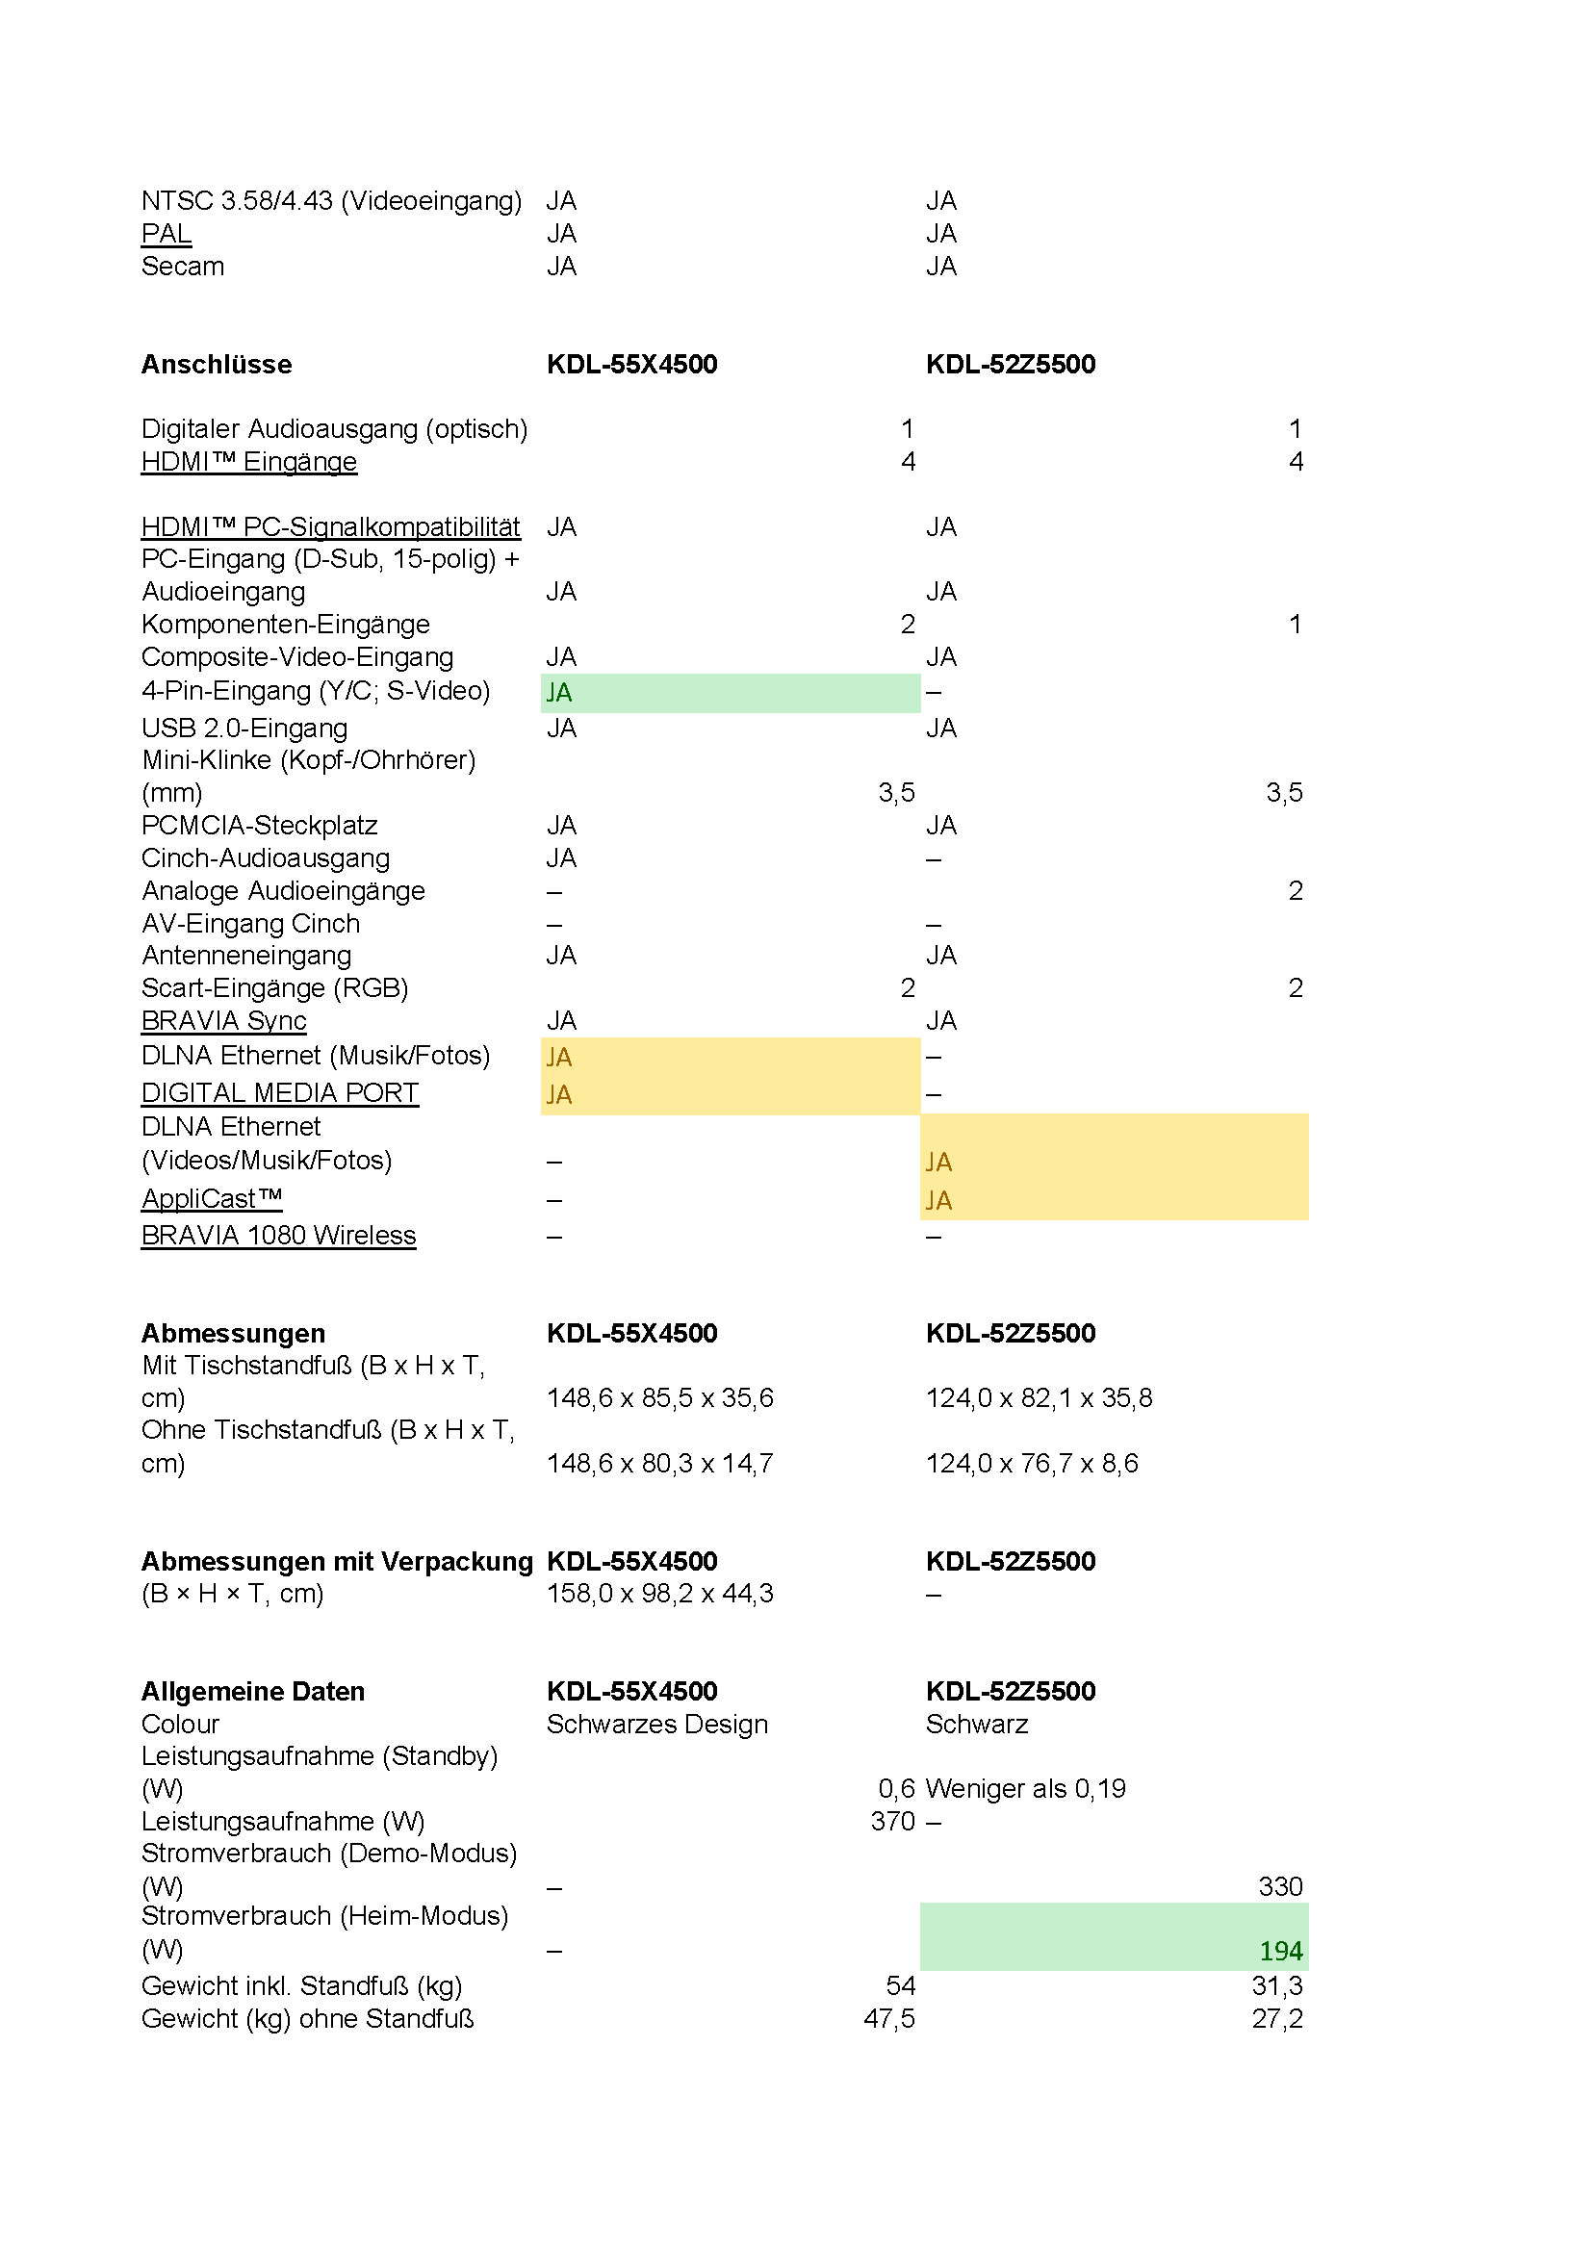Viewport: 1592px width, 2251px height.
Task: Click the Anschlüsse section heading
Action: click(217, 365)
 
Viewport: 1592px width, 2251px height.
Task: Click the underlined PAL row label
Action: click(167, 234)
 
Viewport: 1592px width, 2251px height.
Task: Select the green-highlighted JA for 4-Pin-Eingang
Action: click(560, 693)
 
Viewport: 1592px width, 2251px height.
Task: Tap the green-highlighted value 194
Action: click(1280, 1951)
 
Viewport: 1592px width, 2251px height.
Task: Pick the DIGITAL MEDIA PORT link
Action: click(279, 1093)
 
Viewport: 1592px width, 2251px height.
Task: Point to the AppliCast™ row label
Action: click(212, 1199)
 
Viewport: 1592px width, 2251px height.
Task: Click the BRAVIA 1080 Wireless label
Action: click(278, 1236)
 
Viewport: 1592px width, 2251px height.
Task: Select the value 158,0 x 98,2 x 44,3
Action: click(659, 1593)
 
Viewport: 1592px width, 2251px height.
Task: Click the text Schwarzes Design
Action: click(656, 1724)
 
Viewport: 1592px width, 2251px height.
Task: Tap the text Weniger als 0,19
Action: click(1025, 1788)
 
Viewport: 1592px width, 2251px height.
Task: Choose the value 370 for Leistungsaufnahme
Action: click(892, 1821)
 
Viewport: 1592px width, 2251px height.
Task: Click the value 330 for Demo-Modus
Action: click(1280, 1886)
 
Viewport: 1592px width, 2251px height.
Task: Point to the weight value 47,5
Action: click(889, 2019)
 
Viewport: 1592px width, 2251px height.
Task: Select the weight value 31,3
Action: click(1277, 1986)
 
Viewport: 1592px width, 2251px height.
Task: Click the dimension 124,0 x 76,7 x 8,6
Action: click(1032, 1464)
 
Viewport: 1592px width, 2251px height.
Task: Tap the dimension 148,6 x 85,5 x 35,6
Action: click(659, 1398)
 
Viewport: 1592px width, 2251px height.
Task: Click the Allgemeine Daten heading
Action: click(253, 1691)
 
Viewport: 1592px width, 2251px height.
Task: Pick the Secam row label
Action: click(182, 267)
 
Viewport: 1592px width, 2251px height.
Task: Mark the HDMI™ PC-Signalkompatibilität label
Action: click(330, 527)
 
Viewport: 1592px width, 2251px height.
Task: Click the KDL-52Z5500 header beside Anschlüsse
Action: click(1011, 365)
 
